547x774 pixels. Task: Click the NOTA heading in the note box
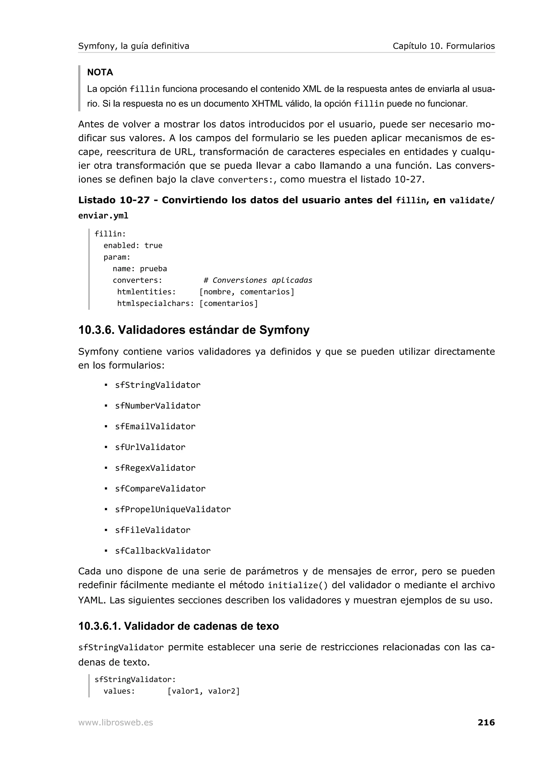point(100,72)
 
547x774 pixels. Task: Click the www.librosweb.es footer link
point(116,722)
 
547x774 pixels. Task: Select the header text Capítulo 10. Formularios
point(444,46)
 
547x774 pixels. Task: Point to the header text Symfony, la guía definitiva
point(134,46)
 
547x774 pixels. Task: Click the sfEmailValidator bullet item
point(155,427)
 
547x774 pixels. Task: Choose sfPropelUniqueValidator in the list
point(173,509)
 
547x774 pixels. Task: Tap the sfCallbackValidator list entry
point(162,551)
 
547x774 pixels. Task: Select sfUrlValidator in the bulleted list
point(150,447)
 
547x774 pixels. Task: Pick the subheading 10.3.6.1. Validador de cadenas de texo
point(178,626)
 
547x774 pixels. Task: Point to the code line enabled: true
point(133,245)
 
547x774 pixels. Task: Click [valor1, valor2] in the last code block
point(204,691)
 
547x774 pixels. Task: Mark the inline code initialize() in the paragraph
point(297,585)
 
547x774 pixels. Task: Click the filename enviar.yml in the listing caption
point(103,216)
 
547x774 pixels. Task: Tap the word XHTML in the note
point(267,104)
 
